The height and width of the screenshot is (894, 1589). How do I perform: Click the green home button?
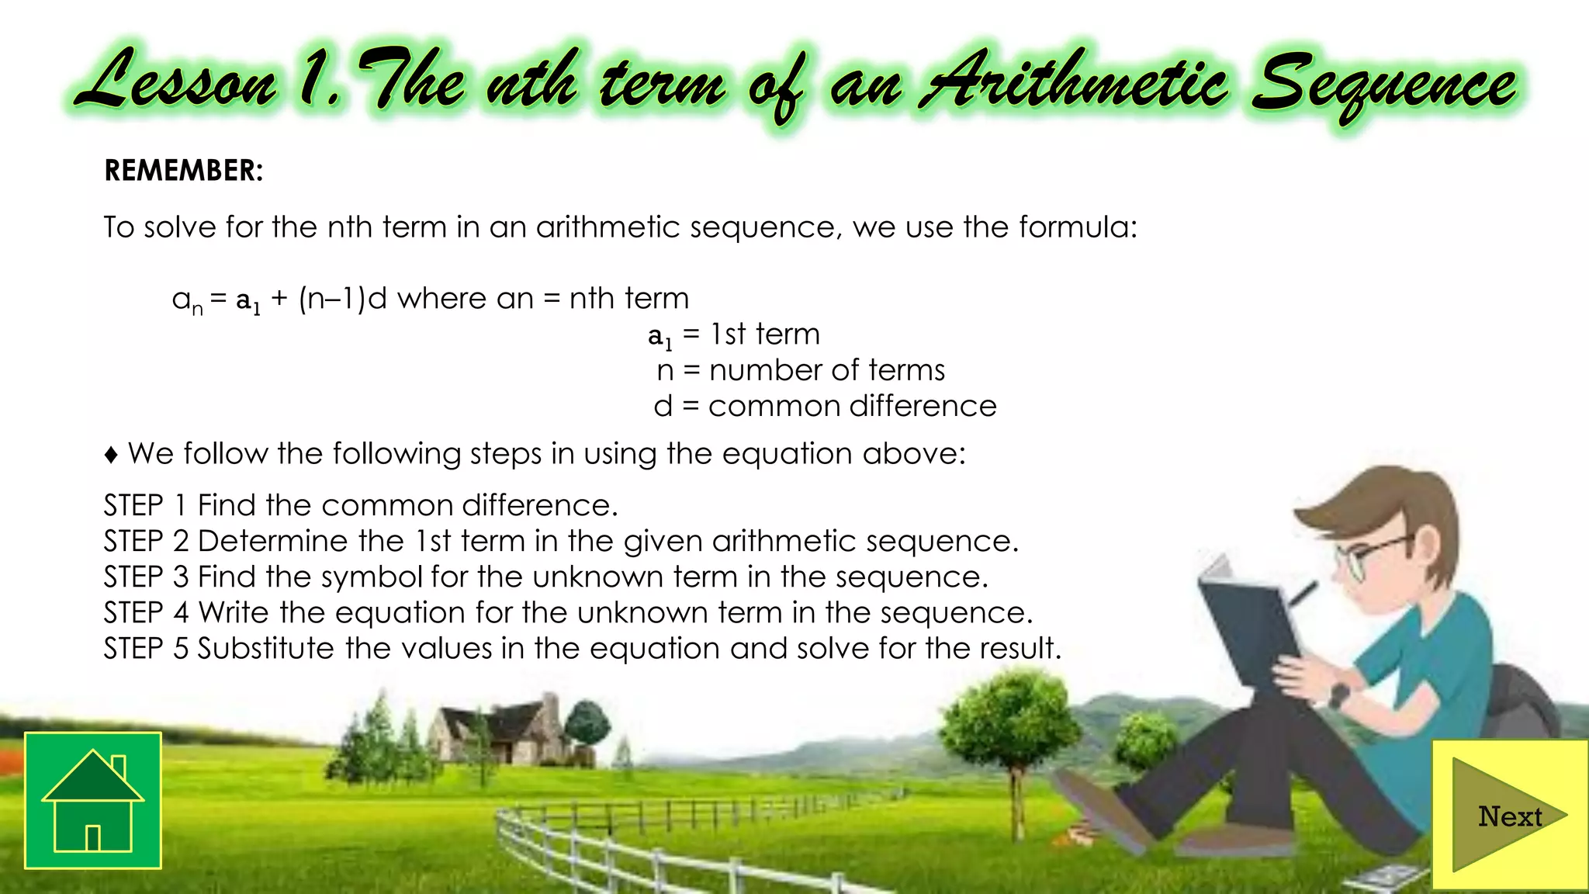pos(93,800)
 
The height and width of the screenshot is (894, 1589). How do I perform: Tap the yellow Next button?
pos(1509,815)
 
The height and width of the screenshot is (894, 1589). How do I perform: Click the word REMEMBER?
pos(183,171)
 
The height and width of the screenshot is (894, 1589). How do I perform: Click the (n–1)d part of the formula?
pos(342,298)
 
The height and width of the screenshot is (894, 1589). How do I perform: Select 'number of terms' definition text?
pos(827,370)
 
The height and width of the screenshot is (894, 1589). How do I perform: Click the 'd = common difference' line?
pos(825,406)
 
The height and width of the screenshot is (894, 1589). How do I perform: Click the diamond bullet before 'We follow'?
pos(111,455)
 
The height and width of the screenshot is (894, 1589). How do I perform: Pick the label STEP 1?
pos(145,505)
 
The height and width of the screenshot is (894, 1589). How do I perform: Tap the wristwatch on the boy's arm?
pos(1338,693)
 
